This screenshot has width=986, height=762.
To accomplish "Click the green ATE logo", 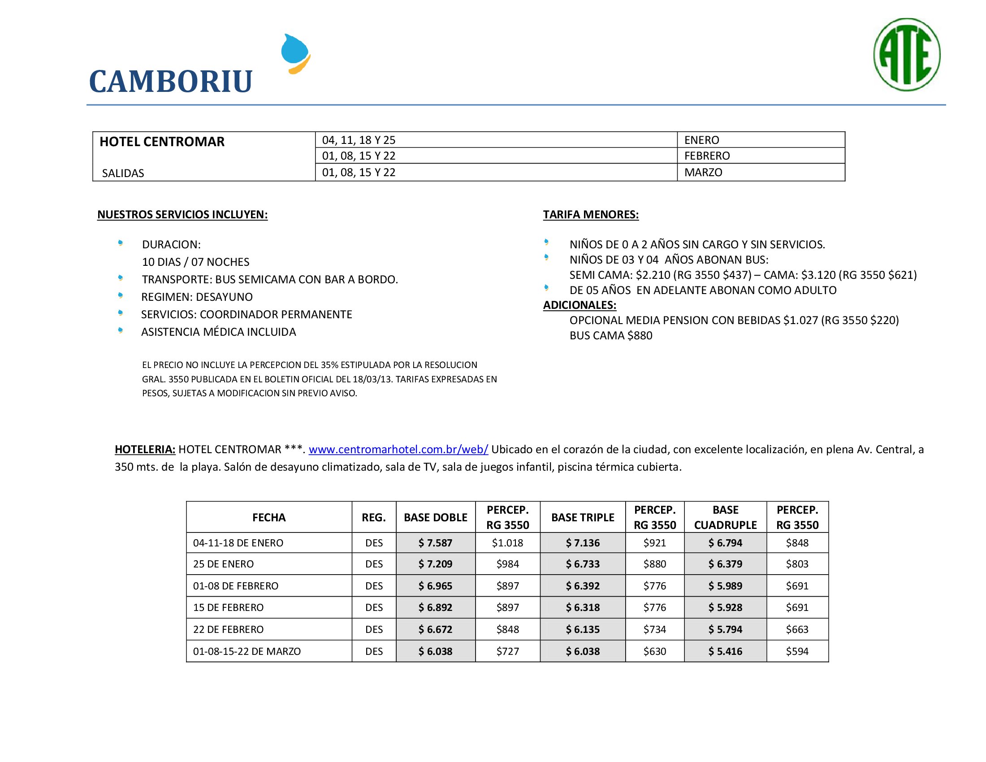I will (907, 55).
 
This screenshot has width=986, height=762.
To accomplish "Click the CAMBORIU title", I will (171, 82).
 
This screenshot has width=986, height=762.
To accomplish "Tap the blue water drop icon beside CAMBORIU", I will (296, 53).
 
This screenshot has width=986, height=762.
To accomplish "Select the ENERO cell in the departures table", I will (701, 140).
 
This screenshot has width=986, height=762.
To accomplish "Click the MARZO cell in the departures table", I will (703, 173).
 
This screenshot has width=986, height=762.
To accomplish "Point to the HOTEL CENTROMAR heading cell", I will (162, 142).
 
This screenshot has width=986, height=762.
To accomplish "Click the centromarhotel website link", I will (398, 450).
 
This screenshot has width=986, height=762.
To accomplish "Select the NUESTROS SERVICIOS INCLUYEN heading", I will (182, 214).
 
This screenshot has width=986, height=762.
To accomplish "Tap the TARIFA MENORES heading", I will (591, 214).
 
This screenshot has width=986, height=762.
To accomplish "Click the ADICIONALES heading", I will (579, 305).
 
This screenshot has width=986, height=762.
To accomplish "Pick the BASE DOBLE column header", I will (435, 517).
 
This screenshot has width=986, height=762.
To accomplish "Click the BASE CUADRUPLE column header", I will (725, 517).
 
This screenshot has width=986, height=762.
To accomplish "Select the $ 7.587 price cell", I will (435, 543).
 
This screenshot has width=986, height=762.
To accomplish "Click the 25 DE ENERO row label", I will (224, 564).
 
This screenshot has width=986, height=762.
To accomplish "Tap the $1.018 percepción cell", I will (507, 543).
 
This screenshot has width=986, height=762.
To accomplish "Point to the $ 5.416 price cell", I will (725, 651).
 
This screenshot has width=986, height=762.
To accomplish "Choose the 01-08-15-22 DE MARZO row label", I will (246, 651).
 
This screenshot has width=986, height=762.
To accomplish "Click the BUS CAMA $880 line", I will (610, 335).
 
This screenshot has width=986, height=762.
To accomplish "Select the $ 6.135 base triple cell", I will (582, 629).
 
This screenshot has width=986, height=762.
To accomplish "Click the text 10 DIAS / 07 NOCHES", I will (195, 262).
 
